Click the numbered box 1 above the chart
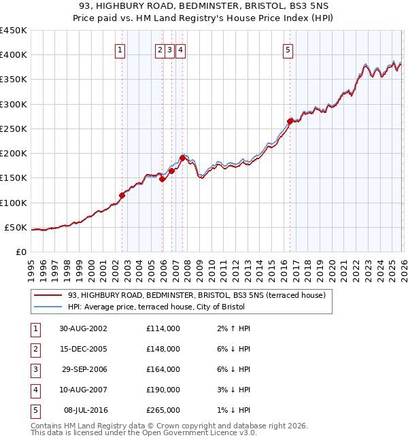pyautogui.click(x=120, y=50)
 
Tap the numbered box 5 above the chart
pyautogui.click(x=288, y=50)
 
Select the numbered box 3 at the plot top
pyautogui.click(x=169, y=50)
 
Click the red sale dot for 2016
pyautogui.click(x=290, y=121)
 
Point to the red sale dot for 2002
pyautogui.click(x=122, y=195)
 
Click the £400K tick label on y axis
pyautogui.click(x=13, y=55)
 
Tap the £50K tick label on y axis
pyautogui.click(x=16, y=227)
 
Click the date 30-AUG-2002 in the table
pyautogui.click(x=82, y=328)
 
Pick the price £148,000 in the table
pyautogui.click(x=163, y=349)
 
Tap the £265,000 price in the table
pyautogui.click(x=163, y=410)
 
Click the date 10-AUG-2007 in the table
pyautogui.click(x=82, y=390)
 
